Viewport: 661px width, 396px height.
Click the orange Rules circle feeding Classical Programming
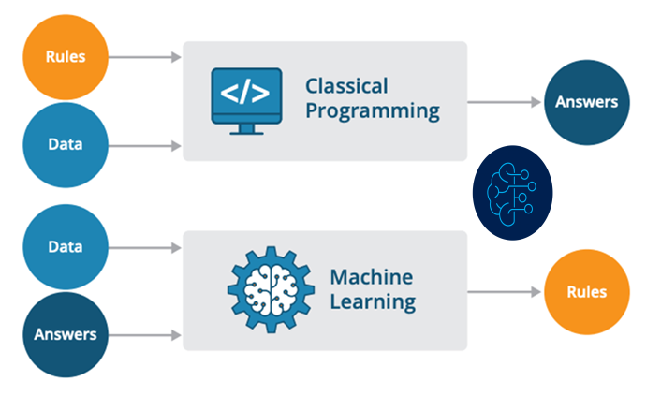click(x=66, y=57)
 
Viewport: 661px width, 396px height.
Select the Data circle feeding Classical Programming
click(x=66, y=145)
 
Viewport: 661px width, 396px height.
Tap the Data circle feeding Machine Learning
click(x=66, y=247)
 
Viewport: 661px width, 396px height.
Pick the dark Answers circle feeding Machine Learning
click(x=66, y=334)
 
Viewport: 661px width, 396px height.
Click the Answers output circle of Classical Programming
click(x=587, y=102)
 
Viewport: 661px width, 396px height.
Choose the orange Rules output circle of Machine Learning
click(x=587, y=292)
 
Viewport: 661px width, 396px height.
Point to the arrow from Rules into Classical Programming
click(x=144, y=57)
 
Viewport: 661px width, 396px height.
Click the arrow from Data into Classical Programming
click(x=144, y=146)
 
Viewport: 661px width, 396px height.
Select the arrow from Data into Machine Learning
click(x=144, y=247)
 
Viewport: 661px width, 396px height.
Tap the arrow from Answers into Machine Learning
click(x=144, y=335)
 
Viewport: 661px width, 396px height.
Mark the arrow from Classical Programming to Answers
click(x=505, y=102)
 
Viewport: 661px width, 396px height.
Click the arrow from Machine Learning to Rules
click(x=505, y=292)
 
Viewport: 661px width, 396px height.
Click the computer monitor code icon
click(x=246, y=101)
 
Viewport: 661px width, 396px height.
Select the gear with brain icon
click(x=272, y=289)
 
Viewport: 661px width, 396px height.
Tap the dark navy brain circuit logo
click(x=513, y=193)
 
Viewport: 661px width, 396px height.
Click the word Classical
click(x=346, y=86)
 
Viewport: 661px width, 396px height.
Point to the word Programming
click(x=373, y=111)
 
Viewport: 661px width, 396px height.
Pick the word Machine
click(x=372, y=277)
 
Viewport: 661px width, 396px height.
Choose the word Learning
click(x=373, y=302)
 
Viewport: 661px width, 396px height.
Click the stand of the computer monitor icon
click(x=246, y=130)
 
